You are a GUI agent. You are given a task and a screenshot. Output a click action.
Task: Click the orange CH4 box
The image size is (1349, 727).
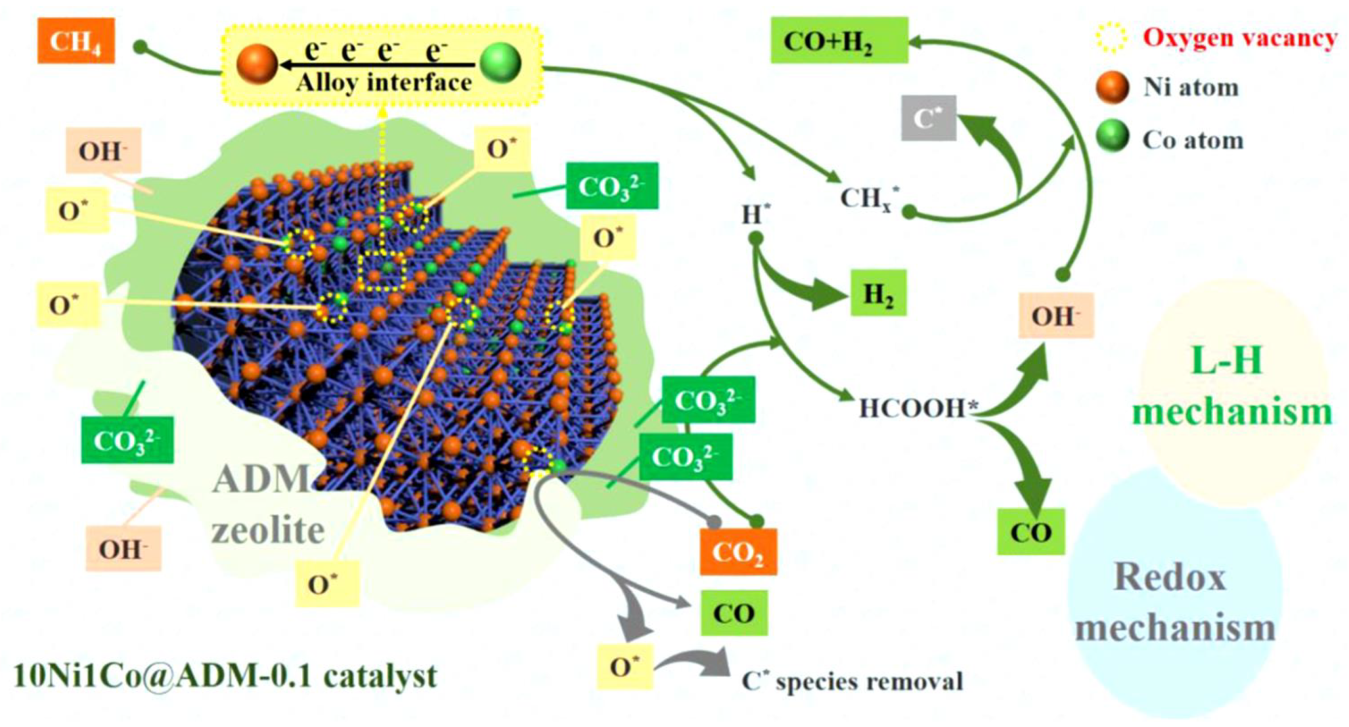[x=76, y=40]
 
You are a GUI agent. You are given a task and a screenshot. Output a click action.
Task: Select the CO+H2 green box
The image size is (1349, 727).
[x=838, y=40]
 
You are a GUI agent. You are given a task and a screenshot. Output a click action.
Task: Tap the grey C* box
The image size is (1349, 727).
[x=929, y=118]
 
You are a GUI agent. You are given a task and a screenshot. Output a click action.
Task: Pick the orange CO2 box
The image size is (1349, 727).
[x=738, y=552]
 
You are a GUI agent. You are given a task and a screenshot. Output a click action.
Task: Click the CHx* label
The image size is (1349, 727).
[x=870, y=199]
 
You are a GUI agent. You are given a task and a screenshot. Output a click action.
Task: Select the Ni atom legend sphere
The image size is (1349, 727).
[x=1112, y=87]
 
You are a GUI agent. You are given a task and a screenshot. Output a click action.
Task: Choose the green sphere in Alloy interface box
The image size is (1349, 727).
[x=500, y=63]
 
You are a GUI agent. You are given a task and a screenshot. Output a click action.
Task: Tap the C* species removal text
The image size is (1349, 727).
[x=853, y=682]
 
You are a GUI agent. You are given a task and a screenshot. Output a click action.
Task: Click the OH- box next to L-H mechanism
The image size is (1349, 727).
[x=1056, y=315]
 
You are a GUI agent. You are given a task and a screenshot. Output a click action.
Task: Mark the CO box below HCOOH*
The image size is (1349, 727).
[x=1031, y=532]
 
